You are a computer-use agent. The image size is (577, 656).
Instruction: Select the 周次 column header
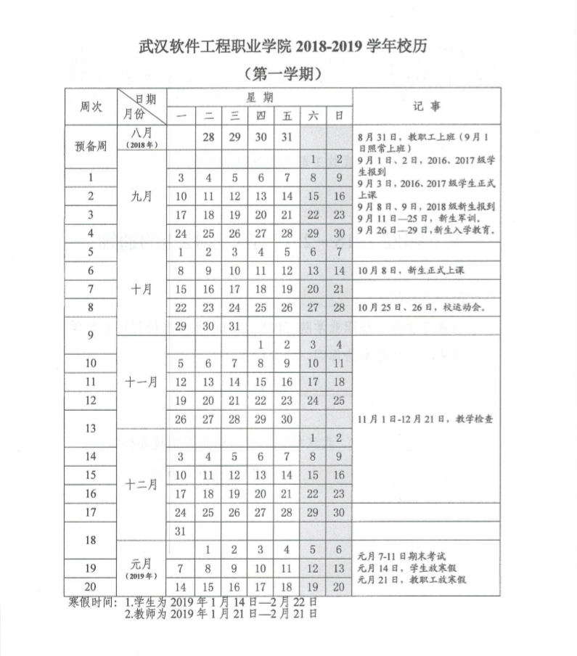click(91, 107)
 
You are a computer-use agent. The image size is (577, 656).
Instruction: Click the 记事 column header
click(426, 106)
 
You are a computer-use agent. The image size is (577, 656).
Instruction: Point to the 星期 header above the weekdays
click(259, 97)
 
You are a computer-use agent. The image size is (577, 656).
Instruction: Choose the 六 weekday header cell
click(313, 115)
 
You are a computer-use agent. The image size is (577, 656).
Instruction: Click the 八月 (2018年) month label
click(142, 138)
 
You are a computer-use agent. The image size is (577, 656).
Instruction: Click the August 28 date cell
click(208, 137)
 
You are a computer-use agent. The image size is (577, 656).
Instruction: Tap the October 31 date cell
click(234, 326)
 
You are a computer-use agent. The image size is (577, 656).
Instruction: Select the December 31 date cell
click(181, 531)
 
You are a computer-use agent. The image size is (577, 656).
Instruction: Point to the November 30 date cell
click(287, 419)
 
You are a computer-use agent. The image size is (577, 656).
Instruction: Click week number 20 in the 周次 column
click(91, 586)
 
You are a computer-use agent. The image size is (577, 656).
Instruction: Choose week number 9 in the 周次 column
click(91, 335)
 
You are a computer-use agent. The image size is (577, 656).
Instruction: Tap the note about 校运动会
click(420, 307)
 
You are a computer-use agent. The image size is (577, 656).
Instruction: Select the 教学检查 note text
click(425, 419)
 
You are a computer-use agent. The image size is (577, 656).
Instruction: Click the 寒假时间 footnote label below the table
click(93, 602)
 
